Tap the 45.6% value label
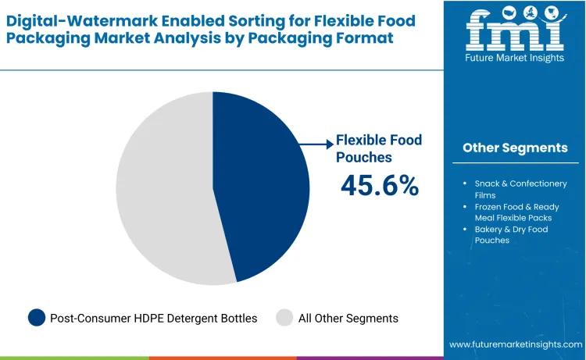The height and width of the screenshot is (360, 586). click(x=379, y=185)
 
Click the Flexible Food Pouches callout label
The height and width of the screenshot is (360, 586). click(x=378, y=148)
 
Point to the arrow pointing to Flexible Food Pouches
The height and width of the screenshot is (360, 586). click(x=317, y=144)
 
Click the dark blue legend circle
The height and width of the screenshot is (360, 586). click(x=37, y=318)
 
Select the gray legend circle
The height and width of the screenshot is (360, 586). click(x=284, y=318)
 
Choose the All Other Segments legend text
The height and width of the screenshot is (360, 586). click(x=349, y=318)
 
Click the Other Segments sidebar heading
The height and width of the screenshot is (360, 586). click(x=515, y=148)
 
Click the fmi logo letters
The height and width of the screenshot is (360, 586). click(x=514, y=30)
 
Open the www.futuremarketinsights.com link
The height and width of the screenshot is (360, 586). click(x=516, y=344)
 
